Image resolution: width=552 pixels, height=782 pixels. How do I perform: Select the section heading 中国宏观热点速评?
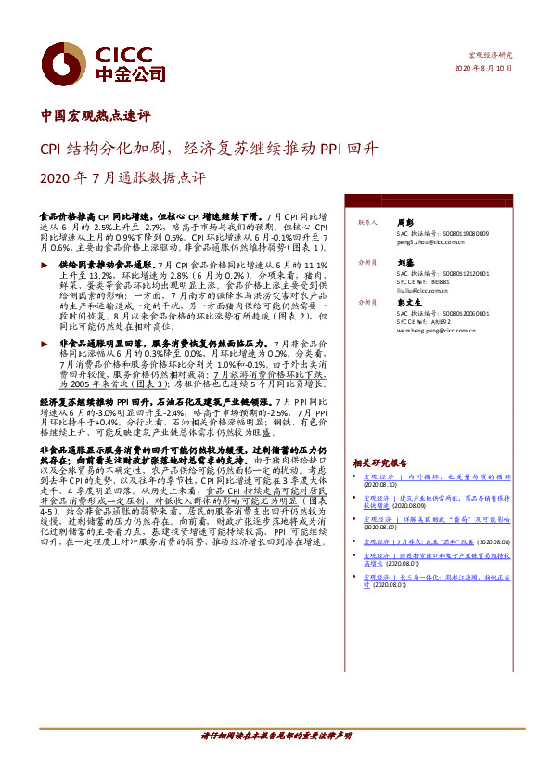click(96, 116)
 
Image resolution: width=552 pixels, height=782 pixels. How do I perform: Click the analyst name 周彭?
click(404, 223)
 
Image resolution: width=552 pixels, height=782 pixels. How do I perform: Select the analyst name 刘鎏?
click(404, 262)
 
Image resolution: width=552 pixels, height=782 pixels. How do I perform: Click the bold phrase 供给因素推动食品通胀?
click(106, 265)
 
